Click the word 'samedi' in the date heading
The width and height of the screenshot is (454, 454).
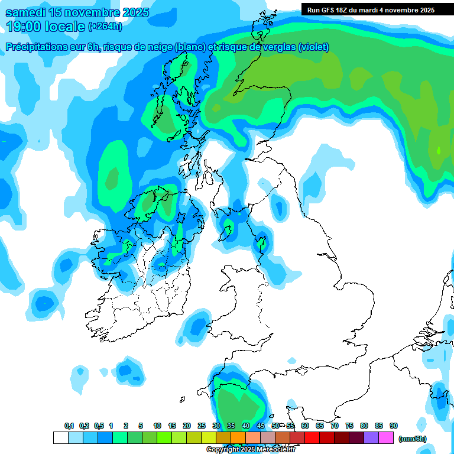point(25,12)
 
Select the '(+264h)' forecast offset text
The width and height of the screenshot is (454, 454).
point(105,27)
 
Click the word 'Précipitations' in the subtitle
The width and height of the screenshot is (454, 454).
point(37,47)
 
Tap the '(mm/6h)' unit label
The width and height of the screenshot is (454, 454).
point(412,439)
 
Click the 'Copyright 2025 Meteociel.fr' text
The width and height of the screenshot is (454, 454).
point(251,450)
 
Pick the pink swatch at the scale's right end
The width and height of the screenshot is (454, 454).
point(386,438)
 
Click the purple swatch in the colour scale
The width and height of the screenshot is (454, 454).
point(371,438)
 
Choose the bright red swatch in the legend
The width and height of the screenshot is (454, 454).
point(312,438)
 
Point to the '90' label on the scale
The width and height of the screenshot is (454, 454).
point(393,426)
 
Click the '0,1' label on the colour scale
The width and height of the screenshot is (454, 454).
point(69,426)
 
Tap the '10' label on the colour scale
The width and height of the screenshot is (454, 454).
point(157,426)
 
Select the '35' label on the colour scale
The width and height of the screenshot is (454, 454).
point(231,426)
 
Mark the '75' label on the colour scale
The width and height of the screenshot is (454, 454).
point(349,426)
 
